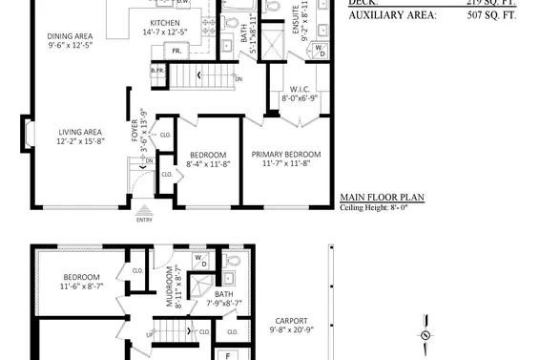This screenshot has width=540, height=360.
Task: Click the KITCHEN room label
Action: [x=165, y=24]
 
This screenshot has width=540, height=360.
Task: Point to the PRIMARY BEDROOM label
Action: [x=286, y=154]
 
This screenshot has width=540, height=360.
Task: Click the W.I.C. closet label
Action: [x=298, y=89]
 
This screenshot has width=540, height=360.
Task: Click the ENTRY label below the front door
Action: [x=144, y=220]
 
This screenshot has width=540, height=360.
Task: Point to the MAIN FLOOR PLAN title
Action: [x=383, y=200]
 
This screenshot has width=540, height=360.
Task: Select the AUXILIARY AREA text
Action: [x=392, y=15]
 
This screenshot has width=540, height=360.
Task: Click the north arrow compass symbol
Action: [x=426, y=334]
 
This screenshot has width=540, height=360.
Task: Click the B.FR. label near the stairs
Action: [x=157, y=71]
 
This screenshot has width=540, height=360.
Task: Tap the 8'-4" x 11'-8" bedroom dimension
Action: [x=208, y=164]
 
